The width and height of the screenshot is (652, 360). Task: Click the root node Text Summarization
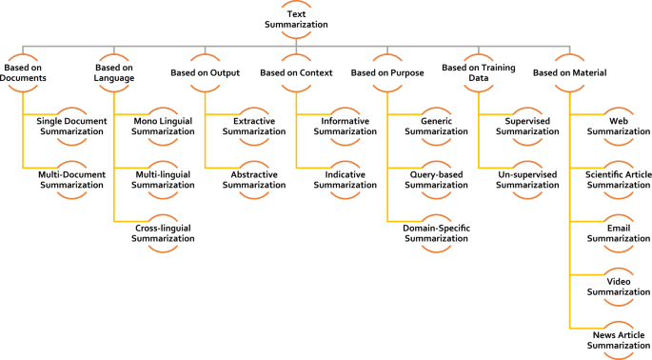point(296,19)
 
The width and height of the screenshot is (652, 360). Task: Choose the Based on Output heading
point(204,72)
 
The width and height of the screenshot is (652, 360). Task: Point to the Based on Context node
point(295,72)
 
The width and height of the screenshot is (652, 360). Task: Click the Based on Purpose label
point(386,72)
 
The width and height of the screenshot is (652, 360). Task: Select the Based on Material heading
point(570,72)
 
